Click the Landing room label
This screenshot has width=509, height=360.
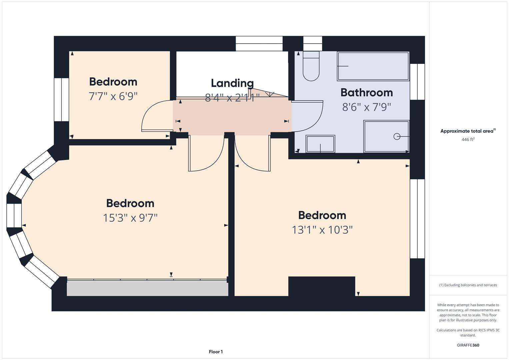(x=232, y=83)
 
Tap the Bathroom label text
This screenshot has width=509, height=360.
(x=367, y=93)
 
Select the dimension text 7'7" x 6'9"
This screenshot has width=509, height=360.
(x=113, y=96)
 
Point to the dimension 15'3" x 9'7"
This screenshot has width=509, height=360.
(x=130, y=218)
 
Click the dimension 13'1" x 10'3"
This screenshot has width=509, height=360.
(x=322, y=230)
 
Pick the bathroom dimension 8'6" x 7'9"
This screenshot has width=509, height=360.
(x=367, y=107)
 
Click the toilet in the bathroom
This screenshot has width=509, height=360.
(x=311, y=66)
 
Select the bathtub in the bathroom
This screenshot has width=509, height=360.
(x=373, y=66)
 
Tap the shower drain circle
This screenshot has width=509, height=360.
(x=397, y=136)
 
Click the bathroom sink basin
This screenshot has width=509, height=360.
(x=320, y=144)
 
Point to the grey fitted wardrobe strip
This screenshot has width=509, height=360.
(x=147, y=288)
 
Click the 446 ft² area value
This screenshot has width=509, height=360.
(x=468, y=139)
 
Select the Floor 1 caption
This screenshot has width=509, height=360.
(x=216, y=352)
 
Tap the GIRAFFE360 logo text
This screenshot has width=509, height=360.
(x=468, y=345)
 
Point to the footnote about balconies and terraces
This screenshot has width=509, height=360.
(x=468, y=285)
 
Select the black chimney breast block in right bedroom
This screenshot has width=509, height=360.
(x=322, y=286)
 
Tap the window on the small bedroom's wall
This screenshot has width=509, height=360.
(x=61, y=100)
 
